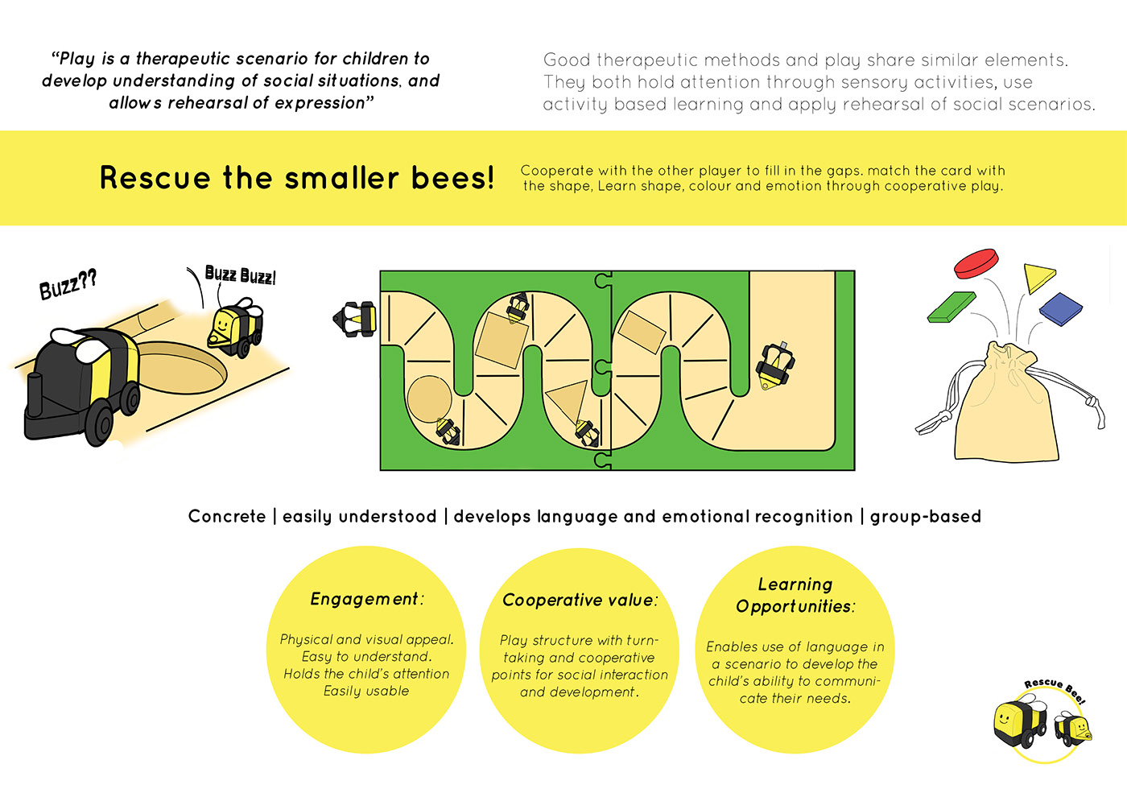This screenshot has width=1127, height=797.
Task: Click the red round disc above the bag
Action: [x=976, y=263]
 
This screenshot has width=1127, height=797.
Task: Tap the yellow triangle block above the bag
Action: [x=1037, y=277]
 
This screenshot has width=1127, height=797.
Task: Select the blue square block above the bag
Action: [x=1061, y=309]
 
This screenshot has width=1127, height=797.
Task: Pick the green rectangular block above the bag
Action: [x=951, y=307]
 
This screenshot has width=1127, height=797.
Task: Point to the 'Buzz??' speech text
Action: [x=68, y=285]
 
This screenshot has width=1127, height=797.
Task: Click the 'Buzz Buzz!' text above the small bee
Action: [x=241, y=275]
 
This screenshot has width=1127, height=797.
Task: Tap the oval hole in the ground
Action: [x=181, y=366]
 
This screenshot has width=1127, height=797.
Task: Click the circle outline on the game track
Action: [x=429, y=399]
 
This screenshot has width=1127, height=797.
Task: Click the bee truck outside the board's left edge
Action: [x=354, y=319]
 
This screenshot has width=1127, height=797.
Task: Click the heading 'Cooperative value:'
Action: [x=580, y=600]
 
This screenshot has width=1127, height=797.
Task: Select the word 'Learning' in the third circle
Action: [x=795, y=584]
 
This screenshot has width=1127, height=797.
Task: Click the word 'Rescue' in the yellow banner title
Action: [x=155, y=178]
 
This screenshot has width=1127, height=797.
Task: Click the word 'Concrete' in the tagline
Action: [x=227, y=516]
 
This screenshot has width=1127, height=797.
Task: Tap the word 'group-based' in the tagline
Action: [x=926, y=517]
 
